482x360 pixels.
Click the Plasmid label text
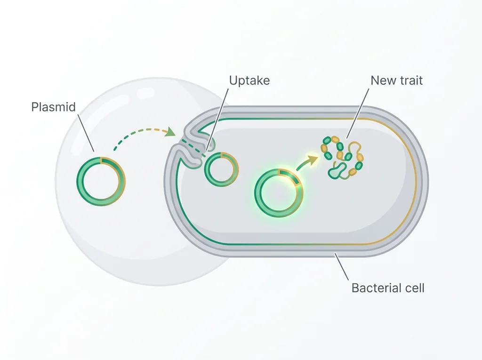coord(54,107)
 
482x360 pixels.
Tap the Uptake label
coord(249,81)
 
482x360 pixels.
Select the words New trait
coord(396,80)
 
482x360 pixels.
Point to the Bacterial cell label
coord(388,288)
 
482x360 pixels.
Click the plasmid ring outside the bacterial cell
coord(78,181)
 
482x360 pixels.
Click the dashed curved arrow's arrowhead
coord(170,132)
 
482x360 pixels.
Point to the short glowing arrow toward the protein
coord(307,162)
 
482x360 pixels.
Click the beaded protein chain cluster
coord(342,157)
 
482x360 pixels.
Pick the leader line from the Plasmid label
coord(86,133)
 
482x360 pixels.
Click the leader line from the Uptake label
coord(217,120)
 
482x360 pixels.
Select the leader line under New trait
coord(358,113)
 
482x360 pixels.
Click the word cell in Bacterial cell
coord(414,288)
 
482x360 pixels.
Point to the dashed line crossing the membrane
coord(193,148)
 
